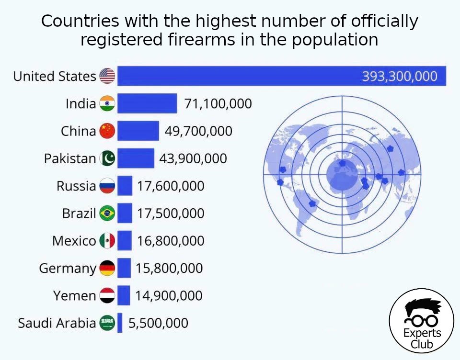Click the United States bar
pyautogui.click(x=240, y=76)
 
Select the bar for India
pyautogui.click(x=147, y=103)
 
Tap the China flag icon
pyautogui.click(x=107, y=131)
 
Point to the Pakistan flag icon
pyautogui.click(x=107, y=158)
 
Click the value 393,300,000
pyautogui.click(x=399, y=76)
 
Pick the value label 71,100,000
pyautogui.click(x=218, y=103)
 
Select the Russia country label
pyautogui.click(x=76, y=186)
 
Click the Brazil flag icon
pyautogui.click(x=107, y=214)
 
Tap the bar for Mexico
pyautogui.click(x=125, y=241)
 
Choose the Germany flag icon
pyautogui.click(x=107, y=269)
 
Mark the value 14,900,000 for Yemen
pyautogui.click(x=169, y=296)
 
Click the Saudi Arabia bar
pyautogui.click(x=120, y=323)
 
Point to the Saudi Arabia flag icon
pyautogui.click(x=107, y=323)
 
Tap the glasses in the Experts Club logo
pyautogui.click(x=421, y=318)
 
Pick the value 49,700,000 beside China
pyautogui.click(x=198, y=131)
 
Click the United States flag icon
pyautogui.click(x=107, y=76)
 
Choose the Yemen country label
pyautogui.click(x=74, y=296)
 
